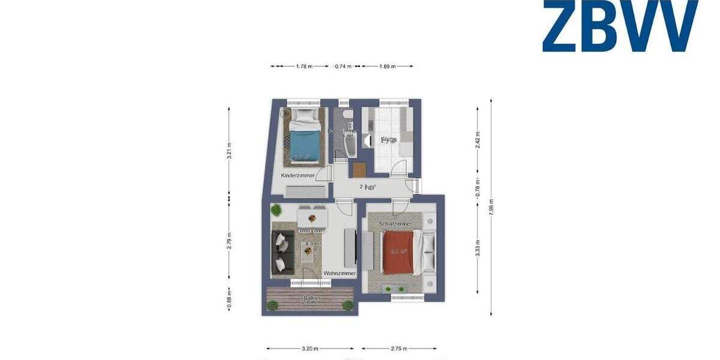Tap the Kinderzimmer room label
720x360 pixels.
pyautogui.click(x=298, y=176)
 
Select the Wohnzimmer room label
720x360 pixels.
pyautogui.click(x=339, y=274)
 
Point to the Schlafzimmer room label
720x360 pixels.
pyautogui.click(x=394, y=224)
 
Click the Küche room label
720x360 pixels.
pyautogui.click(x=388, y=139)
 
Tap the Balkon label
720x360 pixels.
pyautogui.click(x=311, y=298)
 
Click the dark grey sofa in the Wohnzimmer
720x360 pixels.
pyautogui.click(x=281, y=251)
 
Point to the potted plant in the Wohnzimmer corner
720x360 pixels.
pyautogui.click(x=276, y=210)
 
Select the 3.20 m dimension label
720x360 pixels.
pyautogui.click(x=310, y=349)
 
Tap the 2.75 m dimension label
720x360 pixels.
pyautogui.click(x=399, y=349)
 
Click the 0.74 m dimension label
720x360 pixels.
pyautogui.click(x=343, y=67)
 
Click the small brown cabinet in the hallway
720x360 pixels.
pyautogui.click(x=359, y=169)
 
